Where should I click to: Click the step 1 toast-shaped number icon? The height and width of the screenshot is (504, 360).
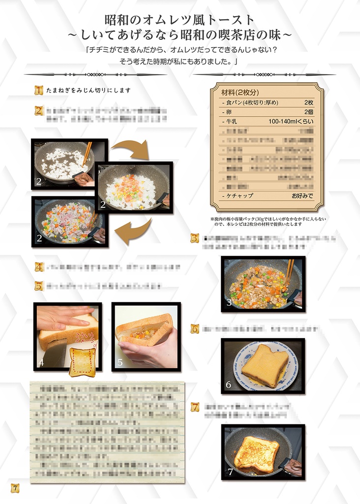[x=39, y=90]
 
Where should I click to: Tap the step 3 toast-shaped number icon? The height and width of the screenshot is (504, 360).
[x=195, y=238]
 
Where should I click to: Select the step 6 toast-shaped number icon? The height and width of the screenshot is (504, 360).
[x=195, y=329]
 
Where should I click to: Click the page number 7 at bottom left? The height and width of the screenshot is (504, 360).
[x=15, y=488]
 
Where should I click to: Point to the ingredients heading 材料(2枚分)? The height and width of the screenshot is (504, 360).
[x=240, y=93]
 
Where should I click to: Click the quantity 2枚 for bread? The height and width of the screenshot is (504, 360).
[x=308, y=102]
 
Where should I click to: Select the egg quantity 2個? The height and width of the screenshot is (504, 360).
[x=308, y=112]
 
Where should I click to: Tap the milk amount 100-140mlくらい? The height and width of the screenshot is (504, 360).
[x=291, y=121]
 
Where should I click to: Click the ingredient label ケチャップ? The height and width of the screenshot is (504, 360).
[x=240, y=195]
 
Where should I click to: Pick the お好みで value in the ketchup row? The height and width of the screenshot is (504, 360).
[x=302, y=195]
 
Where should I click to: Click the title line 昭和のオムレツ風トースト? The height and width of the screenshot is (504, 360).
[x=180, y=20]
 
